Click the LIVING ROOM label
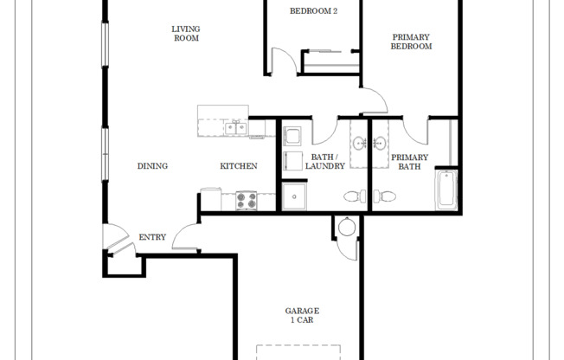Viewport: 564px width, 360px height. click(186, 33)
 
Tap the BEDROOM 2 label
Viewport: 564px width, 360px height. click(312, 10)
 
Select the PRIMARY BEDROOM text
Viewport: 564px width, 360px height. click(411, 42)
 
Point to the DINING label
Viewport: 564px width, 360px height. click(152, 166)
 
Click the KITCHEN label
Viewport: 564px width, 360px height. click(238, 166)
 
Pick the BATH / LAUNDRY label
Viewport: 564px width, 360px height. click(325, 162)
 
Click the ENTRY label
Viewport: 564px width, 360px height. click(152, 237)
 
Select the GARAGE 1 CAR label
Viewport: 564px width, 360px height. click(302, 315)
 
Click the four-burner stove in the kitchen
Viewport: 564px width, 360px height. click(246, 201)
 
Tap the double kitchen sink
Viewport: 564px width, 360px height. click(234, 129)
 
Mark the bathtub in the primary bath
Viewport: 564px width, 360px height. click(445, 190)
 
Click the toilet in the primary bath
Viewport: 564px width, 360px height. click(387, 196)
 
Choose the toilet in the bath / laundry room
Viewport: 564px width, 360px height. click(354, 196)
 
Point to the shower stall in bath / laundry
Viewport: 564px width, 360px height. click(295, 196)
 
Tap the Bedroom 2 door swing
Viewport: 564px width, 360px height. click(283, 62)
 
